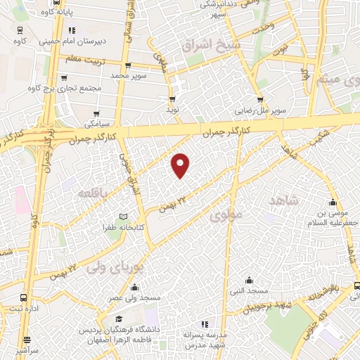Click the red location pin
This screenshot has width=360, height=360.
(181, 164)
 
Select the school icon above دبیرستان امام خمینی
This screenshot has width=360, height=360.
(70, 30)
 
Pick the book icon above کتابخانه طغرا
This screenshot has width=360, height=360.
(124, 216)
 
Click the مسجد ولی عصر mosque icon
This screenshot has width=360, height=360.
(134, 286)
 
